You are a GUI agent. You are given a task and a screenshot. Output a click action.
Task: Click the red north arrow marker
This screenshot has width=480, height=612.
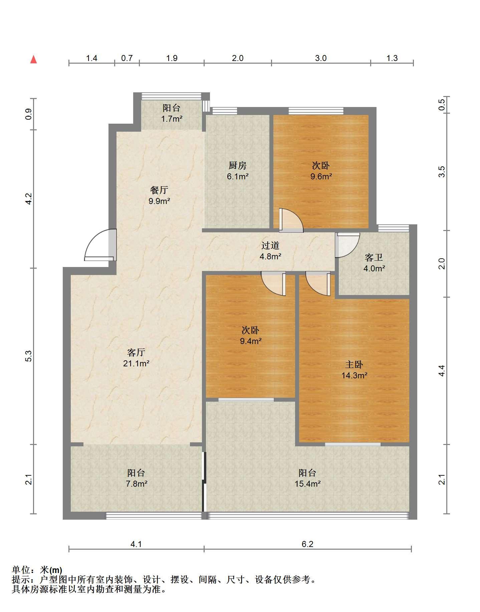(33, 59)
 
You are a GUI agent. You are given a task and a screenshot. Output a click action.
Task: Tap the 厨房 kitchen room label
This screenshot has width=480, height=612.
(237, 165)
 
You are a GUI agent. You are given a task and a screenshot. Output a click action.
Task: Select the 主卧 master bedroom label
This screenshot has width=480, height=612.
(354, 364)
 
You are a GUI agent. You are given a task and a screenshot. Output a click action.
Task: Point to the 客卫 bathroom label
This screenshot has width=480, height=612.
(374, 257)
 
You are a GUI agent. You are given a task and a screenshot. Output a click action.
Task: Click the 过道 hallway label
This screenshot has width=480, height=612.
(270, 246)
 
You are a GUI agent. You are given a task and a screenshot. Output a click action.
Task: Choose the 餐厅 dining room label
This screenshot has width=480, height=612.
(159, 190)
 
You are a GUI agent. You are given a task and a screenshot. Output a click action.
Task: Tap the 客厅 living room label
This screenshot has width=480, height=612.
(136, 352)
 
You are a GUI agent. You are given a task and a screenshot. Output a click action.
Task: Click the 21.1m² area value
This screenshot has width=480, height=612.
(136, 363)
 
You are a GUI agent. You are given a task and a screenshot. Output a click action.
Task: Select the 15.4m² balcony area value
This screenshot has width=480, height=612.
(307, 484)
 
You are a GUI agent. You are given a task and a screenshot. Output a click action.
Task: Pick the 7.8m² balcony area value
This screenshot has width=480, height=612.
(136, 484)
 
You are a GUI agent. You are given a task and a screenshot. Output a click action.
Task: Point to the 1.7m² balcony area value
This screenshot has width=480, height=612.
(172, 118)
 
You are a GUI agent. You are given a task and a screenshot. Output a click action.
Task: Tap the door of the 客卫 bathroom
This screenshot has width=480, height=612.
(347, 245)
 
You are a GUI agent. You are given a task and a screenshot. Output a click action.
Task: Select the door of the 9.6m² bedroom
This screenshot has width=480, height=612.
(291, 220)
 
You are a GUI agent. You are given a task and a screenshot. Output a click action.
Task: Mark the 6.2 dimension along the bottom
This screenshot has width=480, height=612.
(307, 544)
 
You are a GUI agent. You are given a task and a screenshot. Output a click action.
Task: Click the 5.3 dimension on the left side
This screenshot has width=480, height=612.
(29, 356)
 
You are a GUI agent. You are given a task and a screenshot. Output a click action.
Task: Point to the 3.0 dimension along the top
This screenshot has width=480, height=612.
(321, 58)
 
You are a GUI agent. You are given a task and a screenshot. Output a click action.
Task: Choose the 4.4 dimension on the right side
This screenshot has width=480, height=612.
(442, 371)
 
